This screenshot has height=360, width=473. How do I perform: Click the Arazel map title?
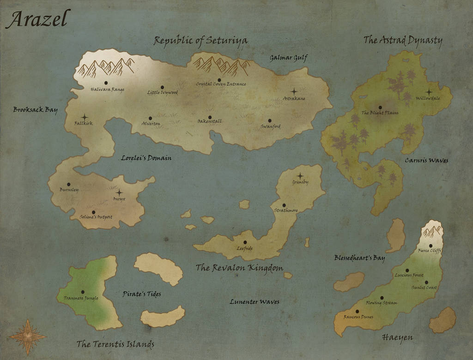point(37,19)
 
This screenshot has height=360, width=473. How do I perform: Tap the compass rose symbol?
point(27,336)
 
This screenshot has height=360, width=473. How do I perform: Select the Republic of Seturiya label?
point(200,41)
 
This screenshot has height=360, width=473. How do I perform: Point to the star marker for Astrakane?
point(294,91)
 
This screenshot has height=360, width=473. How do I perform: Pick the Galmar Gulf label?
point(289,58)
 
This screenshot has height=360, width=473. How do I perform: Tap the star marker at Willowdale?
point(429,92)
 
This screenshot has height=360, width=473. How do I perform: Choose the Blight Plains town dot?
point(380,108)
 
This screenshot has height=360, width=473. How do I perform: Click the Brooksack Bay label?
point(35,110)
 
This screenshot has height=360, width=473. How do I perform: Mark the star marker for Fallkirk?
point(85,117)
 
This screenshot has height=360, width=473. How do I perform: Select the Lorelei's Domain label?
point(146,158)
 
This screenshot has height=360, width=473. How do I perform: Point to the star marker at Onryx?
point(119,192)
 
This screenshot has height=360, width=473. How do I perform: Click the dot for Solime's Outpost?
point(94,212)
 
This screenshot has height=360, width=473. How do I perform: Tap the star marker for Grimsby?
point(300,176)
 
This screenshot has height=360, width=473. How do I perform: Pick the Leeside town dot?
point(245,242)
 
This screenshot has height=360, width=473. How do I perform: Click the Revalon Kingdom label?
point(239,268)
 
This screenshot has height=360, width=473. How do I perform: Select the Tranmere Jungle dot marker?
point(83,292)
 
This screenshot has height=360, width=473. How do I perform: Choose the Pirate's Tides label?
point(142,294)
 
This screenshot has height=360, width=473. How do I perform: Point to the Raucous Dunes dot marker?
point(357,312)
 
